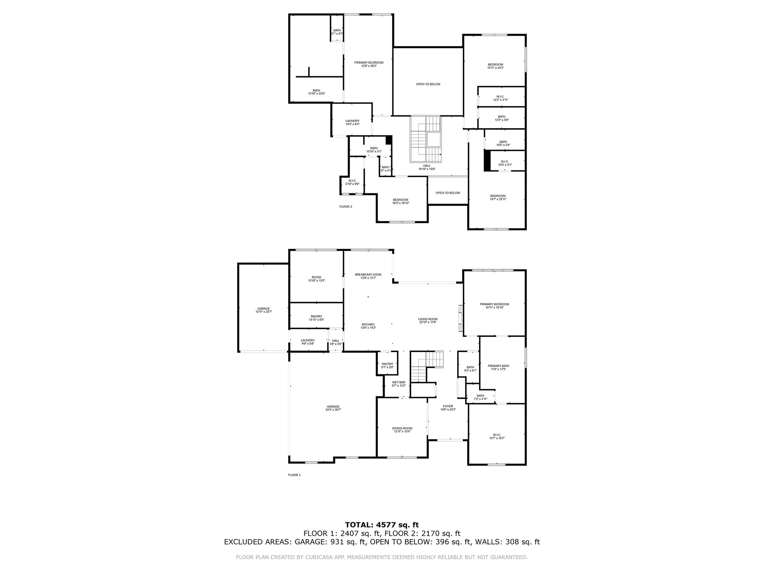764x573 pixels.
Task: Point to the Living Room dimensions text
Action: tap(428, 322)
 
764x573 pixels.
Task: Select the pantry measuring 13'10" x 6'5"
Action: tap(316, 318)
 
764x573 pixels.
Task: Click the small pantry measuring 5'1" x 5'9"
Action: tap(387, 365)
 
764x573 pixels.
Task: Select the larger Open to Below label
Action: tap(428, 84)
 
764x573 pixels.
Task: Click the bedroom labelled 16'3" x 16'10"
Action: tap(400, 201)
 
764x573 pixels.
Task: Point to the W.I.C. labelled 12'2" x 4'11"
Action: tap(500, 98)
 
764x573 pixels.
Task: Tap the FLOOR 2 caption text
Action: tap(345, 207)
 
